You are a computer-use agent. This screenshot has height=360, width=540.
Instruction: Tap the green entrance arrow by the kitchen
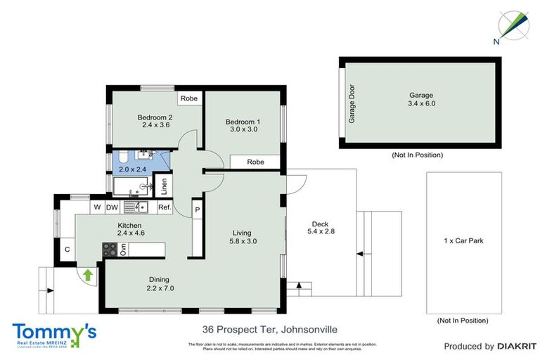[89, 275]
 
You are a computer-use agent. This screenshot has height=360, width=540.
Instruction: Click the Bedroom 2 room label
[155, 121]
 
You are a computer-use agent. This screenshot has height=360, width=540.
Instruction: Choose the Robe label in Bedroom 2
[189, 99]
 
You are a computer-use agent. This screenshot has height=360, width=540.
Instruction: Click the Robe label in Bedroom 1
[256, 162]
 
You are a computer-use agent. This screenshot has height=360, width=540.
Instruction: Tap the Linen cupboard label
[164, 186]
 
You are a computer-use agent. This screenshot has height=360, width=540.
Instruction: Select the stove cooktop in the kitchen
[110, 250]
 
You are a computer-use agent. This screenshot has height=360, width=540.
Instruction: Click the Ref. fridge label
[165, 207]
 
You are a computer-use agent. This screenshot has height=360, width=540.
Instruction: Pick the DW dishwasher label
[112, 207]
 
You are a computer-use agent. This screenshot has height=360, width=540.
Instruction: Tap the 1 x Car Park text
[463, 240]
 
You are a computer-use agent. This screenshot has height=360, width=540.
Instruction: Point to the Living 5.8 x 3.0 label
[243, 237]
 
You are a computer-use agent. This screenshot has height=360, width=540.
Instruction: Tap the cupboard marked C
[67, 249]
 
